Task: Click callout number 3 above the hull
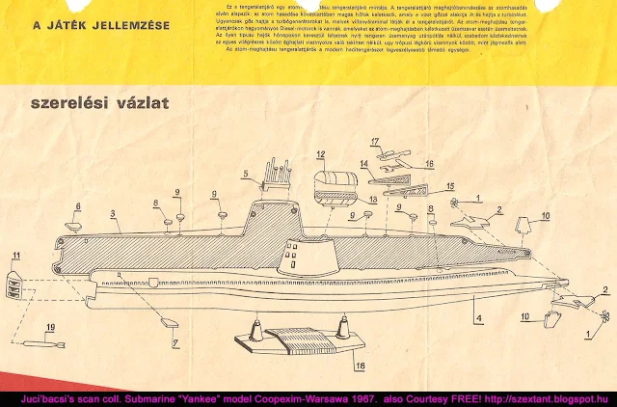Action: point(113,212)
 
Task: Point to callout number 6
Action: point(78,206)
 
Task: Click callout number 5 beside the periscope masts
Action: point(246,175)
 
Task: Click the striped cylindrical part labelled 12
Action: point(335,182)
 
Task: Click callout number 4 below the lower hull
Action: point(478,318)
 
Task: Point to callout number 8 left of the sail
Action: point(155,203)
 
